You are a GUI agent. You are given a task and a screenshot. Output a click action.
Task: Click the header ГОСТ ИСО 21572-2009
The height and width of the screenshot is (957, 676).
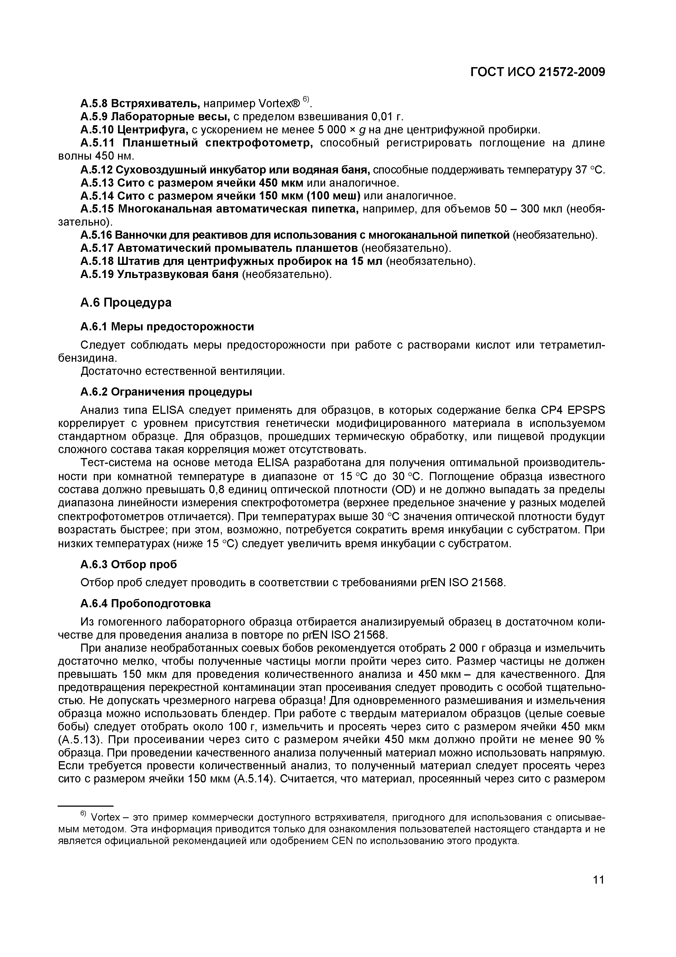[x=537, y=72]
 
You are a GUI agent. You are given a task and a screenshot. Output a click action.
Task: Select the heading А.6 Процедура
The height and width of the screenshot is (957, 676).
[x=125, y=302]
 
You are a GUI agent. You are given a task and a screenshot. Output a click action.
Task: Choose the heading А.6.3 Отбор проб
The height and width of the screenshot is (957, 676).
[x=128, y=564]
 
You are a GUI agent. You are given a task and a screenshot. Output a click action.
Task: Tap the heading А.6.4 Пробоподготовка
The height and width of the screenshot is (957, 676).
[x=145, y=603]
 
